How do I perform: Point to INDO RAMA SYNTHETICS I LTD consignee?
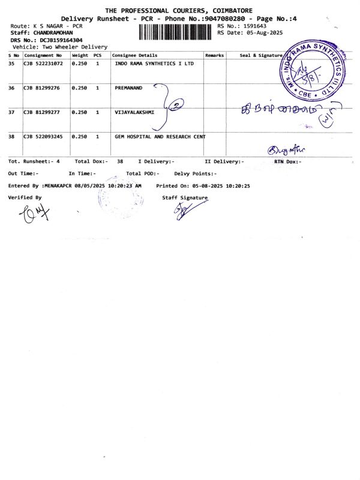pos(154,63)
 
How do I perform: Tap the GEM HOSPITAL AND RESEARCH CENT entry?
pos(160,137)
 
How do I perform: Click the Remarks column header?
pos(214,55)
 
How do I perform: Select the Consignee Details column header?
pos(135,55)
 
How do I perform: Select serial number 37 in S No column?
pos(11,112)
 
